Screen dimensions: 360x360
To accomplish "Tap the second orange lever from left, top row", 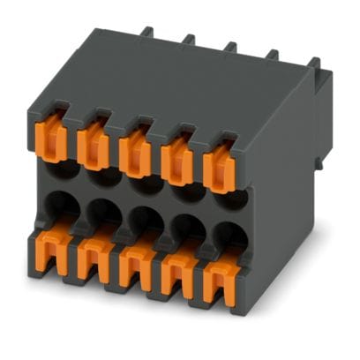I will click(94, 145).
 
